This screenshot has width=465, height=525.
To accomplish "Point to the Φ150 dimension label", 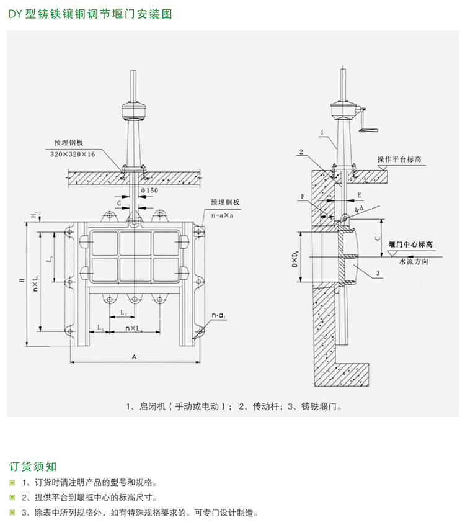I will click(149, 189).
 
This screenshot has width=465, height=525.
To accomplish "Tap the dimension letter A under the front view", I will click(133, 356).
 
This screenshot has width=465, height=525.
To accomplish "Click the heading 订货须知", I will click(33, 466).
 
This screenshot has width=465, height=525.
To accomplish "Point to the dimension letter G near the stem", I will click(118, 202).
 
